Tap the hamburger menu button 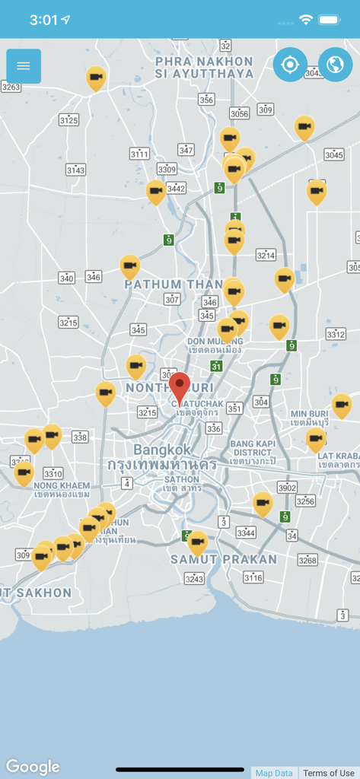pos(24,66)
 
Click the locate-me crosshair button pos(290,65)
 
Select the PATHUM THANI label pos(174,284)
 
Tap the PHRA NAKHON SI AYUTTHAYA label pos(204,67)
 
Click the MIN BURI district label pos(309,418)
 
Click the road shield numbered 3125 pos(68,119)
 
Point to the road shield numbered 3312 pos(336,334)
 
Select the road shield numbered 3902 pos(287,488)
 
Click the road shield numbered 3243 pos(194,579)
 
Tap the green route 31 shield pos(216,366)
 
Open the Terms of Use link pos(329,773)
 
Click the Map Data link pos(274,773)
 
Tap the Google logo pos(33,767)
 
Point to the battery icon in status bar pos(329,19)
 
